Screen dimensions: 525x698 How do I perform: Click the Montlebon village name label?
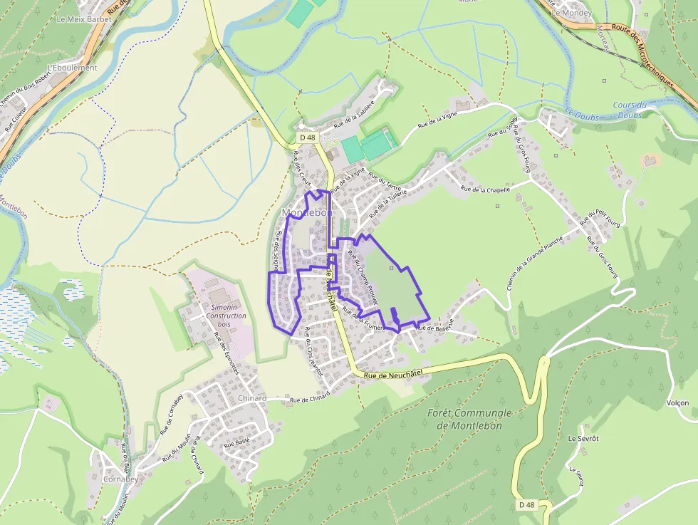(308, 213)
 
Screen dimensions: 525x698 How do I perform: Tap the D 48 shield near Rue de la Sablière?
(307, 137)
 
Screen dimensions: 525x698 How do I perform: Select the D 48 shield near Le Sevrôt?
(526, 505)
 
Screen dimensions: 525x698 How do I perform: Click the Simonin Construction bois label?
(226, 316)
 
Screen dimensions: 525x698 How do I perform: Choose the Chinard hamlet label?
(252, 398)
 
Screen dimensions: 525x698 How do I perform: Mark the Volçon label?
(677, 402)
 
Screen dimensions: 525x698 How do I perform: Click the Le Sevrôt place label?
(583, 438)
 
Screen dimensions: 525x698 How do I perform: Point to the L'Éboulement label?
(71, 68)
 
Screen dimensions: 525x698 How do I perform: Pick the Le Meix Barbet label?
(79, 19)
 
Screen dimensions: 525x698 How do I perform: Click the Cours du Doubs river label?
(628, 110)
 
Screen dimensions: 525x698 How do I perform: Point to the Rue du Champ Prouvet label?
(363, 277)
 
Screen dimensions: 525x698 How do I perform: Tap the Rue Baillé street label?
(237, 443)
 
